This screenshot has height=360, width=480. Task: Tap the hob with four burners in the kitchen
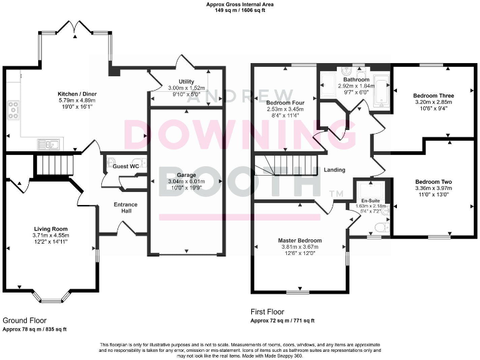pyautogui.click(x=12, y=110)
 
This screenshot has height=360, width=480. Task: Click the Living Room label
pyautogui.click(x=51, y=229)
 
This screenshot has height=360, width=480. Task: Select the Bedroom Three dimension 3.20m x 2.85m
pyautogui.click(x=433, y=102)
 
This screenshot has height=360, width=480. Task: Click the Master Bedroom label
pyautogui.click(x=301, y=241)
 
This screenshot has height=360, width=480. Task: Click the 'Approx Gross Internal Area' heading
pyautogui.click(x=240, y=4)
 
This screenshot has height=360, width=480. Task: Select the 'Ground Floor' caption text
pyautogui.click(x=23, y=319)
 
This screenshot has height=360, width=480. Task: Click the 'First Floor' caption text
pyautogui.click(x=267, y=311)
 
